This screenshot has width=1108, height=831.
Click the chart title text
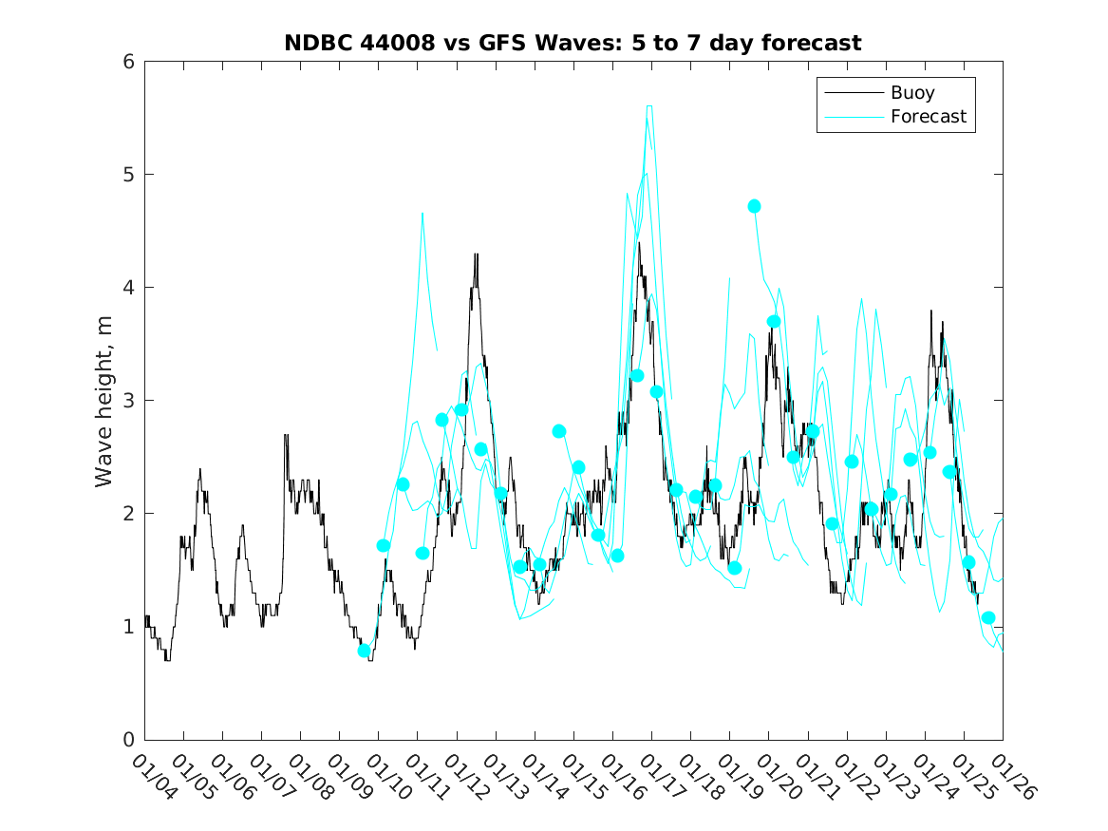[573, 43]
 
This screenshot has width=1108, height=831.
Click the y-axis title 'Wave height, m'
[104, 402]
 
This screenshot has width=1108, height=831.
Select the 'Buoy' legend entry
[911, 93]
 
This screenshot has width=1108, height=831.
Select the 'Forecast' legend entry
[928, 117]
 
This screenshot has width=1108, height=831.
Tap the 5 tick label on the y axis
[126, 175]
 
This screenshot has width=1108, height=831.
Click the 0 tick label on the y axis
[126, 740]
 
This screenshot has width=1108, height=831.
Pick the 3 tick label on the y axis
[126, 401]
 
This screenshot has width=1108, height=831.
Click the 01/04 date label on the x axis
[153, 778]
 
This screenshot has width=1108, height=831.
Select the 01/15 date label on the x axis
[582, 778]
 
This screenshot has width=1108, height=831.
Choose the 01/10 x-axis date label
[387, 778]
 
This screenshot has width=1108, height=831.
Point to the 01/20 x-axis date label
[777, 778]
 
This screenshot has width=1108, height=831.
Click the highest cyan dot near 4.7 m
[754, 206]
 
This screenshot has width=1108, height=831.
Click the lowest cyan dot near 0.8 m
[364, 651]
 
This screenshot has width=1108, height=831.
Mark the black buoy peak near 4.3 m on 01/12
[476, 255]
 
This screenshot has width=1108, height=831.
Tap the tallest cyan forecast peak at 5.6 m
[648, 106]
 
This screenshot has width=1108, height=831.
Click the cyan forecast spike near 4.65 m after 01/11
[423, 214]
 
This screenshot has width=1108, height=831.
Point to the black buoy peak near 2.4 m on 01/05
[199, 469]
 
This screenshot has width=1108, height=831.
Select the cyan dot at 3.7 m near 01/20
[774, 321]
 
